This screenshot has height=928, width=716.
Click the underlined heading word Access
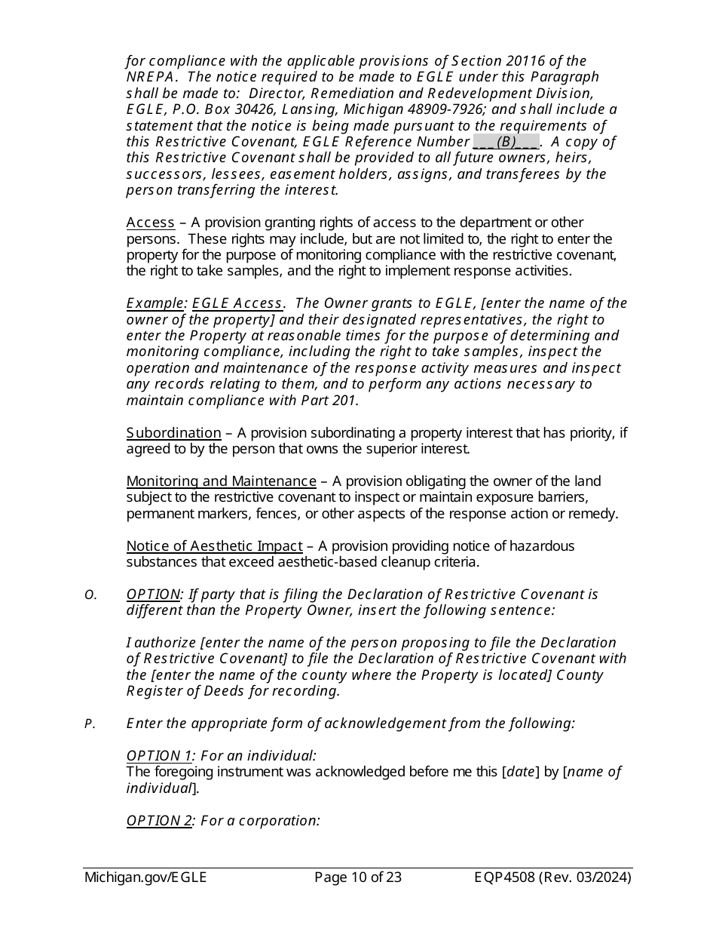(x=150, y=223)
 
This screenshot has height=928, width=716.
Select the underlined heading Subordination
(x=173, y=433)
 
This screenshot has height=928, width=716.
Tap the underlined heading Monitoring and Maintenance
(x=221, y=481)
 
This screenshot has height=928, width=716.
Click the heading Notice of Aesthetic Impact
(x=214, y=546)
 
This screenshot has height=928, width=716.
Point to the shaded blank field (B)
(x=506, y=142)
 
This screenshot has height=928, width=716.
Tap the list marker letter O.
(x=90, y=595)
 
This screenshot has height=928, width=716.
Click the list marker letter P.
(x=90, y=724)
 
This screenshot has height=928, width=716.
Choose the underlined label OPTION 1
(x=159, y=756)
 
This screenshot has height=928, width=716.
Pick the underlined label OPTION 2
(x=159, y=821)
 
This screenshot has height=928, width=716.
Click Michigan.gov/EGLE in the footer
(x=145, y=877)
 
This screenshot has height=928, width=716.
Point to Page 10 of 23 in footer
(x=357, y=877)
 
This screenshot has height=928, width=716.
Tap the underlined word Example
(x=155, y=303)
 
